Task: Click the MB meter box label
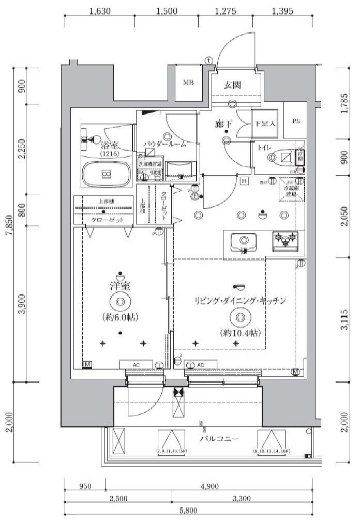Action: pos(188,83)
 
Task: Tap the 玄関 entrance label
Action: pos(233,85)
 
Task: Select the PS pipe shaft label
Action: pos(296,122)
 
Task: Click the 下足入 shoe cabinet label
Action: pos(265,124)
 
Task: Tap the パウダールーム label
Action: pos(165,145)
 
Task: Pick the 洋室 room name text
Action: pos(119,286)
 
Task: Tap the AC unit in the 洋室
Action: pos(136,365)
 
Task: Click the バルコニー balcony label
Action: pos(220,439)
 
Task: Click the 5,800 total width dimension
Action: pos(190,511)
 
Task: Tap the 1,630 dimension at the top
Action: pos(99,10)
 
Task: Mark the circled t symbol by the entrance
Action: pos(208,60)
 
